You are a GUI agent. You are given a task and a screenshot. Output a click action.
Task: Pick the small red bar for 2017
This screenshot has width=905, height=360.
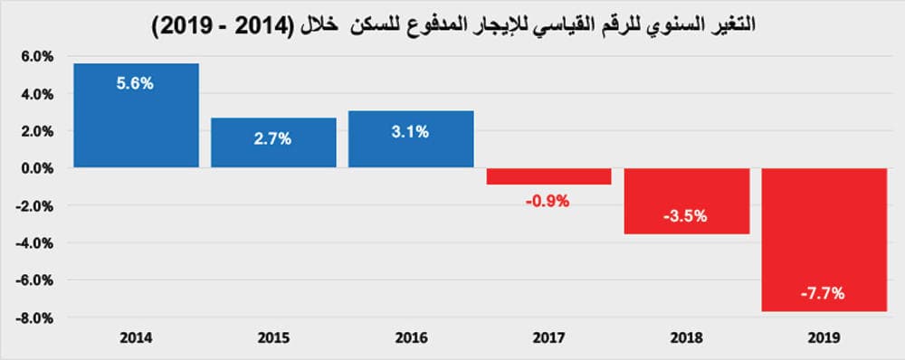pyautogui.click(x=548, y=176)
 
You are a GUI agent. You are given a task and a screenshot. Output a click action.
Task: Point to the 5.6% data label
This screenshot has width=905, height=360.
pyautogui.click(x=136, y=83)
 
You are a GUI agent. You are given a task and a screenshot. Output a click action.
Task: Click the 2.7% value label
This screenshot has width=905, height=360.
pyautogui.click(x=273, y=140)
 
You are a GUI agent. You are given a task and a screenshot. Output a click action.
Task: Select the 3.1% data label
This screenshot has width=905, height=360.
pyautogui.click(x=411, y=132)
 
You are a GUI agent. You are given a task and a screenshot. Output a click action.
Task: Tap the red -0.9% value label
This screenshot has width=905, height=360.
pyautogui.click(x=548, y=201)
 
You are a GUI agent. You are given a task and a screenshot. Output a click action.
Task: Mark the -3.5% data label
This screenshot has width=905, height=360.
pyautogui.click(x=686, y=217)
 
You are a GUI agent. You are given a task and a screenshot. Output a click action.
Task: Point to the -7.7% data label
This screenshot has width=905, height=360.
pyautogui.click(x=823, y=293)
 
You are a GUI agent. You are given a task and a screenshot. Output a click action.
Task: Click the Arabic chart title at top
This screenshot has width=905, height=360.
pyautogui.click(x=452, y=24)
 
